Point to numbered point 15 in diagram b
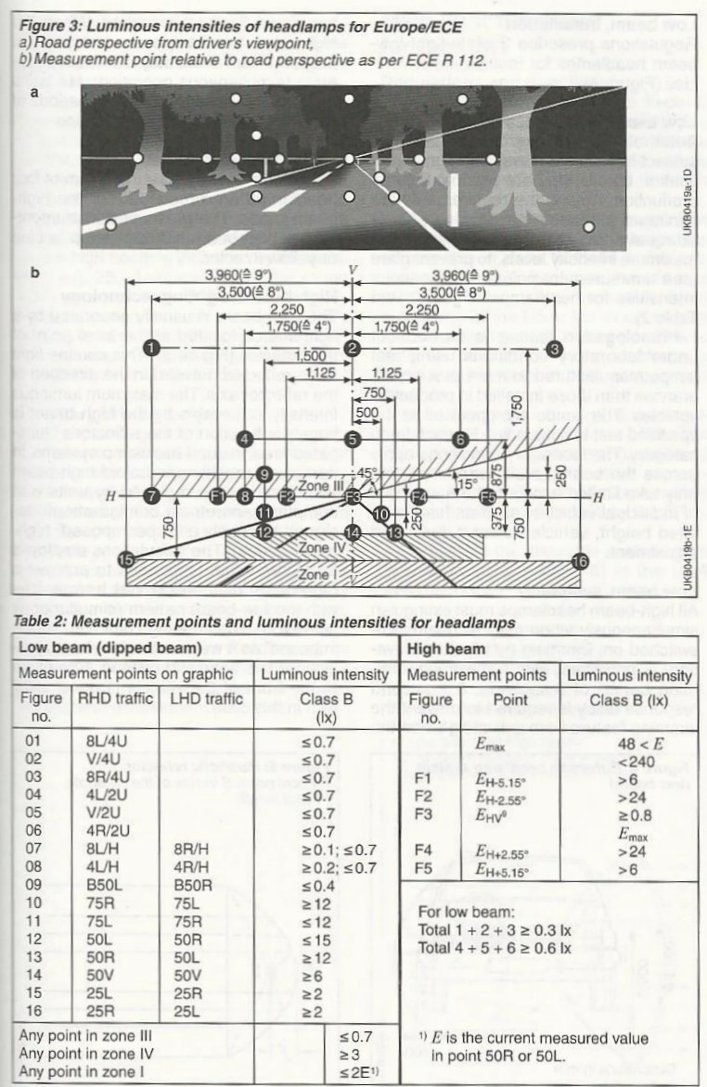126,559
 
